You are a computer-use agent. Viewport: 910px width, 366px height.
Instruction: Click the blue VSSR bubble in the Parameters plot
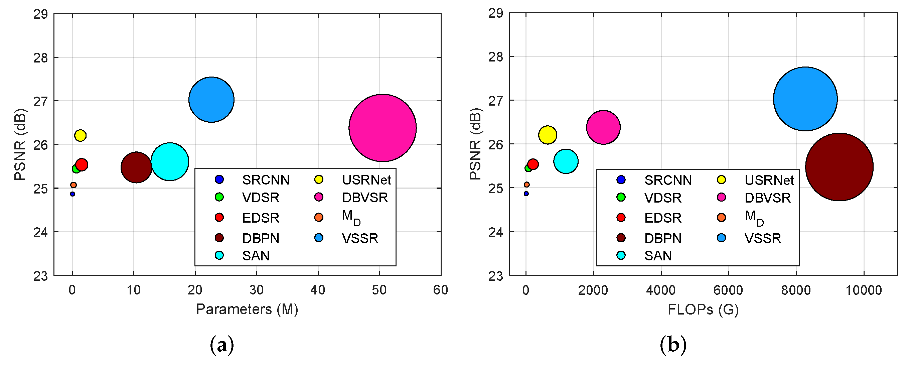(211, 100)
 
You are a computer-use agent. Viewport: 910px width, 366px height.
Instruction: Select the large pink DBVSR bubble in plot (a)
(382, 128)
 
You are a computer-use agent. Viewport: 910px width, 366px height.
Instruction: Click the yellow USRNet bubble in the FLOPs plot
(547, 135)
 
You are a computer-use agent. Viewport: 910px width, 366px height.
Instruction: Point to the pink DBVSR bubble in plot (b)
(603, 127)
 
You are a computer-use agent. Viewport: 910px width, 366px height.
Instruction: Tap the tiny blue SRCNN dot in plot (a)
(72, 194)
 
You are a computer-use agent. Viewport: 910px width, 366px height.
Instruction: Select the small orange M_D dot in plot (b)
(526, 185)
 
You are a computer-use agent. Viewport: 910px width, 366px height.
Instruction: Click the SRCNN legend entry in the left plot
(265, 180)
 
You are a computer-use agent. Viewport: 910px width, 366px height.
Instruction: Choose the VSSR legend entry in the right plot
(762, 238)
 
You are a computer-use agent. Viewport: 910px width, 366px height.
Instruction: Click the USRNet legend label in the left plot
(366, 180)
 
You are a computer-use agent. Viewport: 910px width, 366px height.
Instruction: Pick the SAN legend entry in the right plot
(657, 255)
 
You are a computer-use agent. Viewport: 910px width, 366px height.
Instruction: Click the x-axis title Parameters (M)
(247, 309)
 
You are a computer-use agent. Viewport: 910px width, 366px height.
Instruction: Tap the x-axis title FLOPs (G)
(703, 310)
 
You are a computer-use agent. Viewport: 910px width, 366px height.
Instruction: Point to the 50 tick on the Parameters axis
(379, 290)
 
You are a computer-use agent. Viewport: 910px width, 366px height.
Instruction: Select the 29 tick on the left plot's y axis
(40, 14)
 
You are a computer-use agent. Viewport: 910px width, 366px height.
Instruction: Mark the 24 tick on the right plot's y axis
(495, 232)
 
